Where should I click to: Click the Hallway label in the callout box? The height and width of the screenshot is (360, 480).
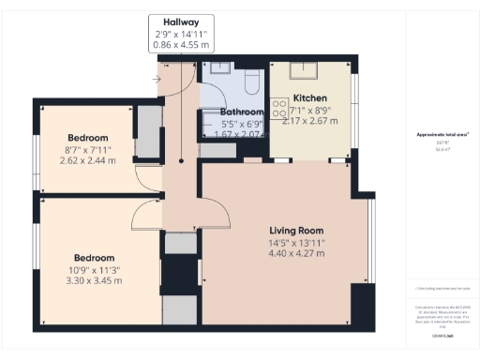point(182,22)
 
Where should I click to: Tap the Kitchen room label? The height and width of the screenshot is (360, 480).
point(309,97)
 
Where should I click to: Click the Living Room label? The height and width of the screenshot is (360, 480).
point(296,230)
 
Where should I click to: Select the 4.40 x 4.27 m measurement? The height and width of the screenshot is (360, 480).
point(296,253)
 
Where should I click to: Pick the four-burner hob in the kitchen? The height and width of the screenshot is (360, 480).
point(278,110)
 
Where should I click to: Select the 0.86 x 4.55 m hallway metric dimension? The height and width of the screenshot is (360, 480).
point(182,45)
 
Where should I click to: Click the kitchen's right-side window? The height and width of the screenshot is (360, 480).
point(355,94)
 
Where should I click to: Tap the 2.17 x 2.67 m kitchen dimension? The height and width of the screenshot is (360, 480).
point(309,121)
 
